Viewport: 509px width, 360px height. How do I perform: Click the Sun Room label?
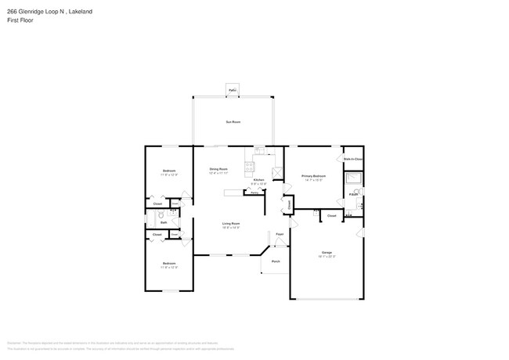(233, 122)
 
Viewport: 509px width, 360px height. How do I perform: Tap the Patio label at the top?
(233, 91)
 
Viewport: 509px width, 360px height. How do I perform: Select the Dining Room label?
(218, 169)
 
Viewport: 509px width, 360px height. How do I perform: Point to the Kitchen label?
(258, 180)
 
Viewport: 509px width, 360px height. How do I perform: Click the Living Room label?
(230, 223)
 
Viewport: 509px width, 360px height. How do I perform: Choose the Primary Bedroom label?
(313, 176)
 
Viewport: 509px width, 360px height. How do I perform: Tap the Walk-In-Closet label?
(353, 159)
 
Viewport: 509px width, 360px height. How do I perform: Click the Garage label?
(327, 252)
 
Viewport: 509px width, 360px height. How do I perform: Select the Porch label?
(276, 261)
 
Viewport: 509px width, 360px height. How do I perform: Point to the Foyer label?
(279, 234)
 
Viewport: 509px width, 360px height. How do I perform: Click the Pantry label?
(255, 193)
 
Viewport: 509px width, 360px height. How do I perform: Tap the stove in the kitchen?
(250, 165)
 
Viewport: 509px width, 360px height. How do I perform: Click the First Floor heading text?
(20, 20)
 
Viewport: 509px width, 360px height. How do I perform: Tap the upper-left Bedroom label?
(169, 171)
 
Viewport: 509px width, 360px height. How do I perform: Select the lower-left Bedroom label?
(169, 263)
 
